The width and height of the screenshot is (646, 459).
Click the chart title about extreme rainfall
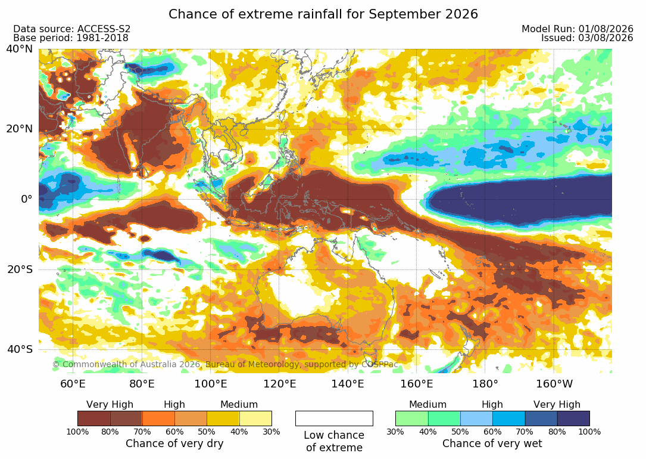tap(323, 14)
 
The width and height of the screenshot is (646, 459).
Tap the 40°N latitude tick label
tap(19, 49)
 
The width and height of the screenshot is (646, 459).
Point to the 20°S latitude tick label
tap(20, 269)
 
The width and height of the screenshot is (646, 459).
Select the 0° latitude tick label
tap(26, 199)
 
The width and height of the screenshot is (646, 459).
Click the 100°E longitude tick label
tap(211, 384)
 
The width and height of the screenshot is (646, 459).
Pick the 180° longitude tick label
tap(485, 384)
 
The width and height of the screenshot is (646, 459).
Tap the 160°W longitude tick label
tap(554, 384)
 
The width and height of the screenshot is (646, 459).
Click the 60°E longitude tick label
tap(73, 384)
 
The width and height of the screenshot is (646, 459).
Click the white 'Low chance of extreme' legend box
tap(334, 418)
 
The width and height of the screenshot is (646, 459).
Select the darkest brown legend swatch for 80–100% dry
tap(94, 418)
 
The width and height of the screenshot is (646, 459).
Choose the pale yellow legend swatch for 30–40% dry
tap(255, 418)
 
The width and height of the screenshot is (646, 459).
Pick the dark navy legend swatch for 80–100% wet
tap(573, 418)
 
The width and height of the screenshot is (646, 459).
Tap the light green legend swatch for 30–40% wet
tap(411, 418)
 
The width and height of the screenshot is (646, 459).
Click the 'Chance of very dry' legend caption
tap(174, 444)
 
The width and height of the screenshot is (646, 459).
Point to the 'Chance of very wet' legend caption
tap(492, 444)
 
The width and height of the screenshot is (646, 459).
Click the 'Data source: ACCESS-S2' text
tap(71, 29)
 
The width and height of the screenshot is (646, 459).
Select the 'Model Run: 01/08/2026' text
tap(577, 29)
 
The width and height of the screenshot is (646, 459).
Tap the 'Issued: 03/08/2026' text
tap(587, 38)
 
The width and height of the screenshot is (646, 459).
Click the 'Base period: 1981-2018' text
tap(71, 38)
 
